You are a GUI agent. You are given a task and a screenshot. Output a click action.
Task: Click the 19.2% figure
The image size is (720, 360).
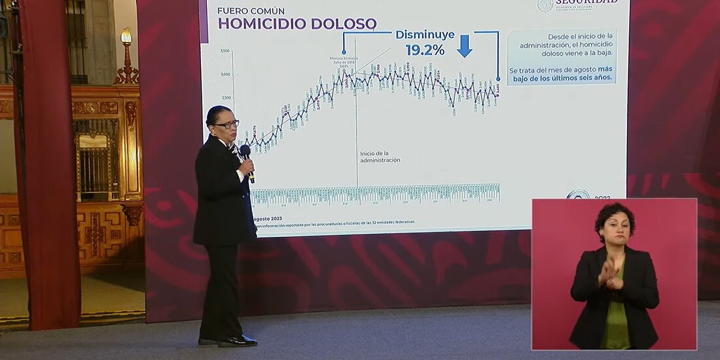pos(425,50)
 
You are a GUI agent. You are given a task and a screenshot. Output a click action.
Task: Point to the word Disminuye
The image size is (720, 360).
pos(425,35)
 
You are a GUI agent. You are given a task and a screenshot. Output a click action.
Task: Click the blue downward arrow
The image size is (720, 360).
pos(465,46)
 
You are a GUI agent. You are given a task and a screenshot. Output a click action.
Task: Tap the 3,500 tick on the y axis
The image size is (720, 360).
pos(225,51)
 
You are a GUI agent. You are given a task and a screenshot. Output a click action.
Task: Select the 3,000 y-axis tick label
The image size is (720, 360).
pos(225,75)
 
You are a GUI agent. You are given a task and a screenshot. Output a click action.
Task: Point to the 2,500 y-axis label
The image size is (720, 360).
pos(225,98)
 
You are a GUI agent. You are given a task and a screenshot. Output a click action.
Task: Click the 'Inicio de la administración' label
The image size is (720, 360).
pos(380,156)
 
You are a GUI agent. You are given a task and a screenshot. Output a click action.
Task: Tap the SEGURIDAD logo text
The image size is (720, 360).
pos(586,3)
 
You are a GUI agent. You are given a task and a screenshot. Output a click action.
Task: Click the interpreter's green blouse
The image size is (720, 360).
pos(616,321)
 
